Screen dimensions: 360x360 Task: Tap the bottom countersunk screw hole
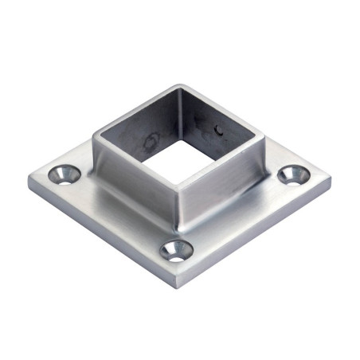[x=177, y=251]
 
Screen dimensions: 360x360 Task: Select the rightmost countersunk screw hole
[x=295, y=174]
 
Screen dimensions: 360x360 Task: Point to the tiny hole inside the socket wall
[x=220, y=127]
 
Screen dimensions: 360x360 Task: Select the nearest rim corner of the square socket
[x=178, y=190]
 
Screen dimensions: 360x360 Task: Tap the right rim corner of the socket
[x=264, y=137]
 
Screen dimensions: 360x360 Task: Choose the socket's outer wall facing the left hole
[x=131, y=183]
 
